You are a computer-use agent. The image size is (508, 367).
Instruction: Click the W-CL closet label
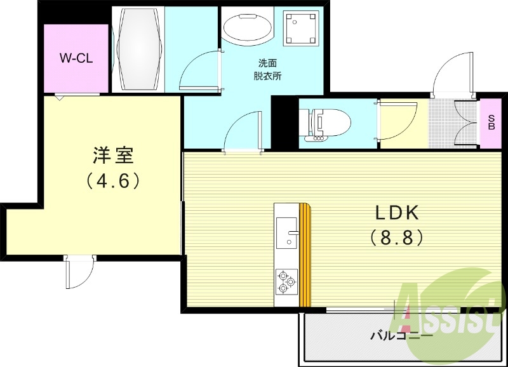click(x=76, y=58)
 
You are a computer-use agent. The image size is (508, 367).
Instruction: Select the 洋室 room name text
click(x=112, y=156)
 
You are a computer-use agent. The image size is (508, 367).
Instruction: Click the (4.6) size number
click(x=112, y=181)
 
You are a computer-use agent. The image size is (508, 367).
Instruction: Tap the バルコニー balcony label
click(x=401, y=335)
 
